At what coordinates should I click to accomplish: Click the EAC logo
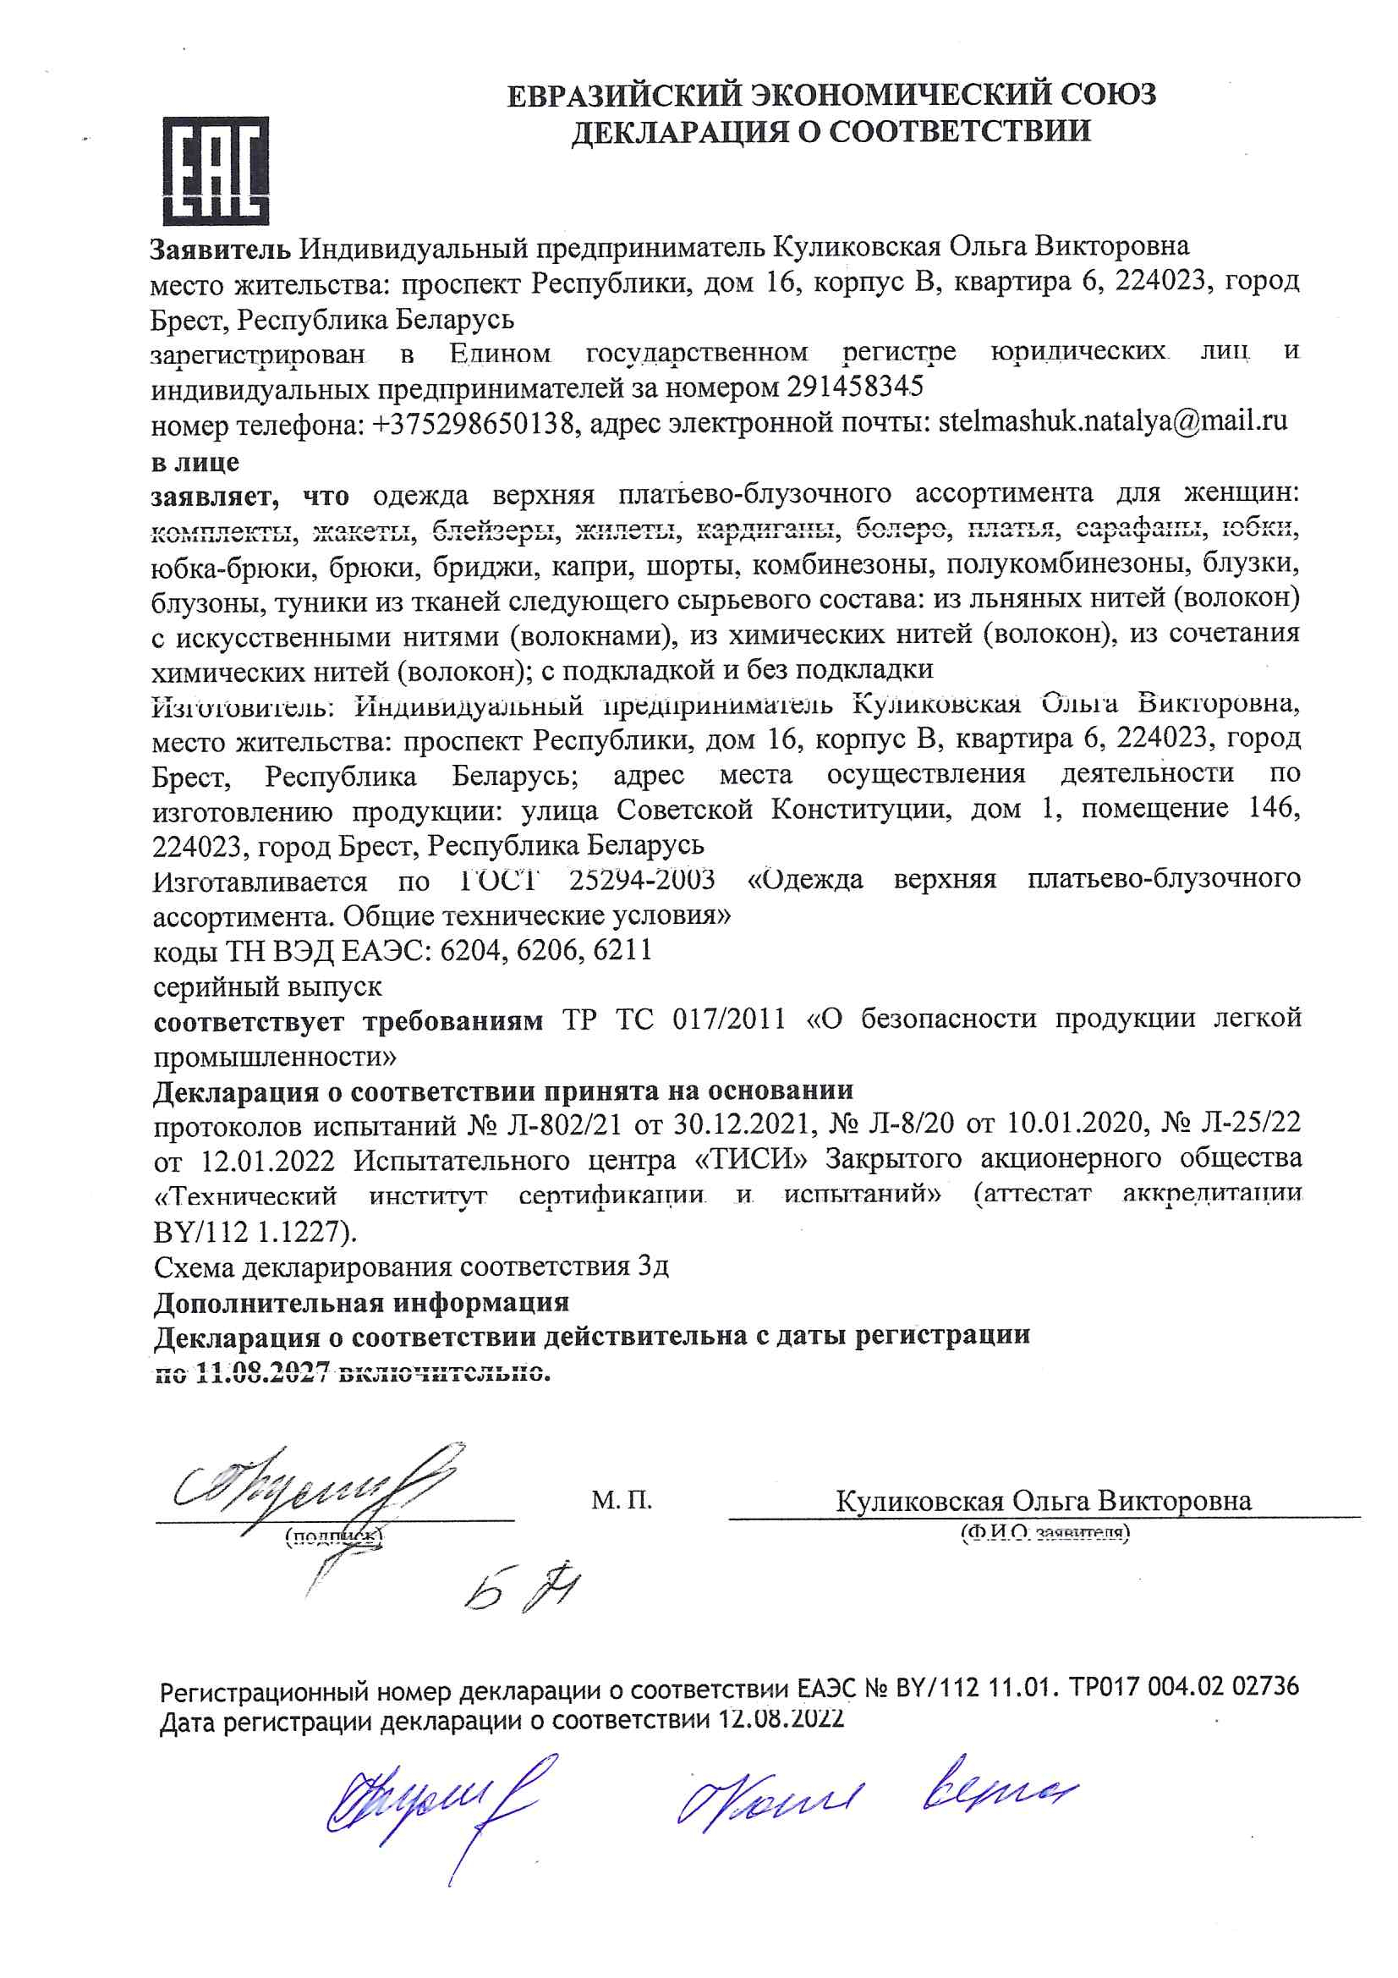217,171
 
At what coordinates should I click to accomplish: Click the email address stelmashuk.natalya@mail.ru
1112,422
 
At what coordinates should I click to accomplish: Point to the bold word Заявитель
221,249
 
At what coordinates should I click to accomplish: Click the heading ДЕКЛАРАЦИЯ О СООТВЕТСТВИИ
831,132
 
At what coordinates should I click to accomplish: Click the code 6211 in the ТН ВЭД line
622,949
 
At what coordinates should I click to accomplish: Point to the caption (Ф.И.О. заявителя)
1044,1533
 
